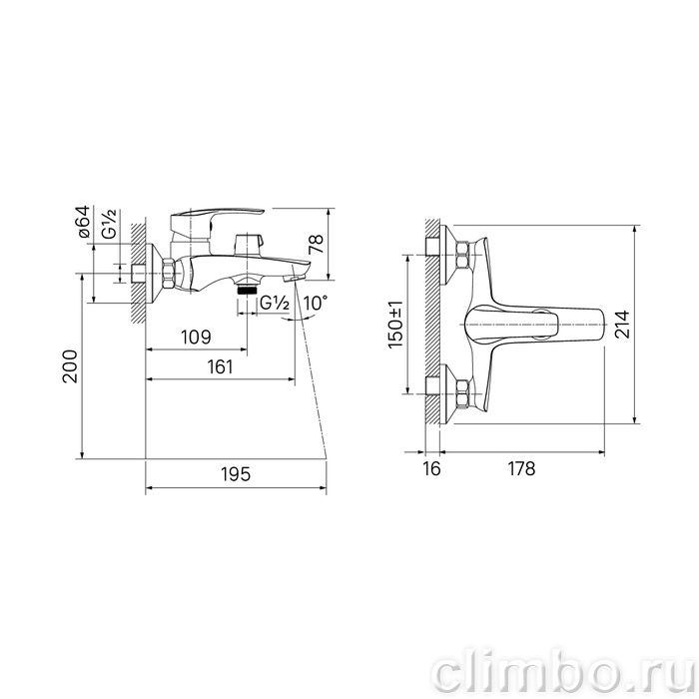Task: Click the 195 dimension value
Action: click(x=237, y=474)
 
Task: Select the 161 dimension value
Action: click(x=221, y=366)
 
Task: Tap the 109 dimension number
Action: click(x=196, y=338)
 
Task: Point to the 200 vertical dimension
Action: click(x=70, y=366)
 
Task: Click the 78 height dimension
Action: click(x=317, y=245)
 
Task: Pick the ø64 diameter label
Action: click(x=83, y=222)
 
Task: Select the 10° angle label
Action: click(x=316, y=304)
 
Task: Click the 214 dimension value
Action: click(x=623, y=325)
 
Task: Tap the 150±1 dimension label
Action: click(x=395, y=325)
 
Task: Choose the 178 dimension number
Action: click(x=521, y=468)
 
